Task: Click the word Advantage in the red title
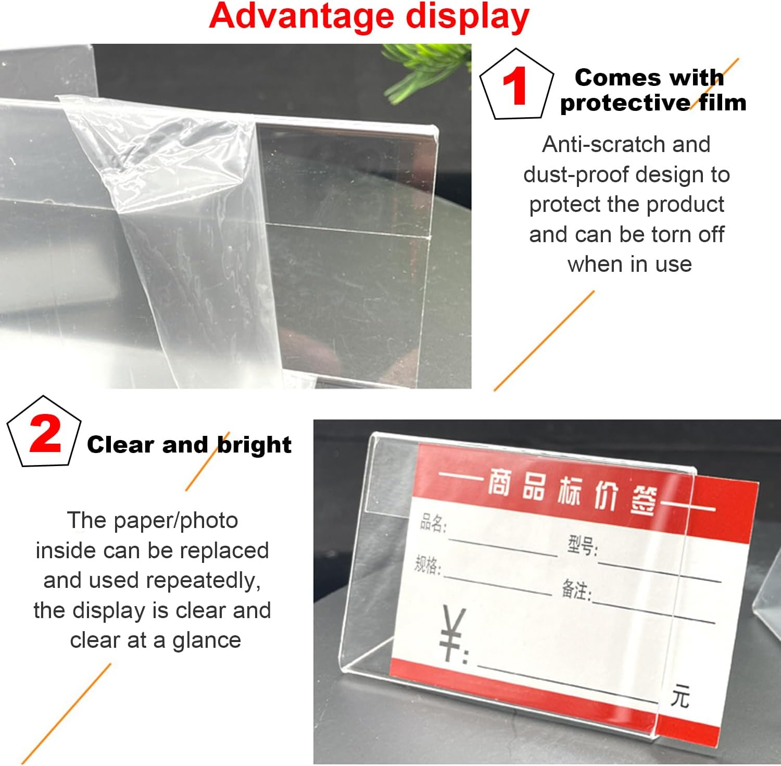pyautogui.click(x=303, y=17)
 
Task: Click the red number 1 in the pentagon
pyautogui.click(x=514, y=86)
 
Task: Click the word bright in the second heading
pyautogui.click(x=254, y=445)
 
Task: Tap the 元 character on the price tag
pyautogui.click(x=680, y=696)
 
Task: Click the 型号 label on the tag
pyautogui.click(x=582, y=546)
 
